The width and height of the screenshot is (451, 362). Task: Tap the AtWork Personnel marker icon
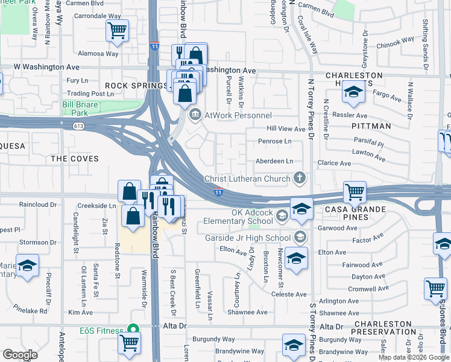click(x=195, y=115)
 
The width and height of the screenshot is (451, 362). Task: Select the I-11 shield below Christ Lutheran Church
click(x=218, y=191)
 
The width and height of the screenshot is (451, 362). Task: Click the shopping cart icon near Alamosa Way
click(x=117, y=30)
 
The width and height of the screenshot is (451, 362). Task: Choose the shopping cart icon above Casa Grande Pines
click(x=355, y=192)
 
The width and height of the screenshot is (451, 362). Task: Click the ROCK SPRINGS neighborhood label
click(x=136, y=86)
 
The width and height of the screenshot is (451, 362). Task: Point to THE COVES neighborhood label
click(x=75, y=158)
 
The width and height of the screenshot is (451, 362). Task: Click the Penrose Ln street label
click(x=275, y=141)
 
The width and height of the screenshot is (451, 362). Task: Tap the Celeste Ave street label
click(x=289, y=294)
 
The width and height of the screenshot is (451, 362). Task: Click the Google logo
click(x=20, y=354)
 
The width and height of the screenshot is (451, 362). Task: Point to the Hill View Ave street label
click(x=286, y=129)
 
